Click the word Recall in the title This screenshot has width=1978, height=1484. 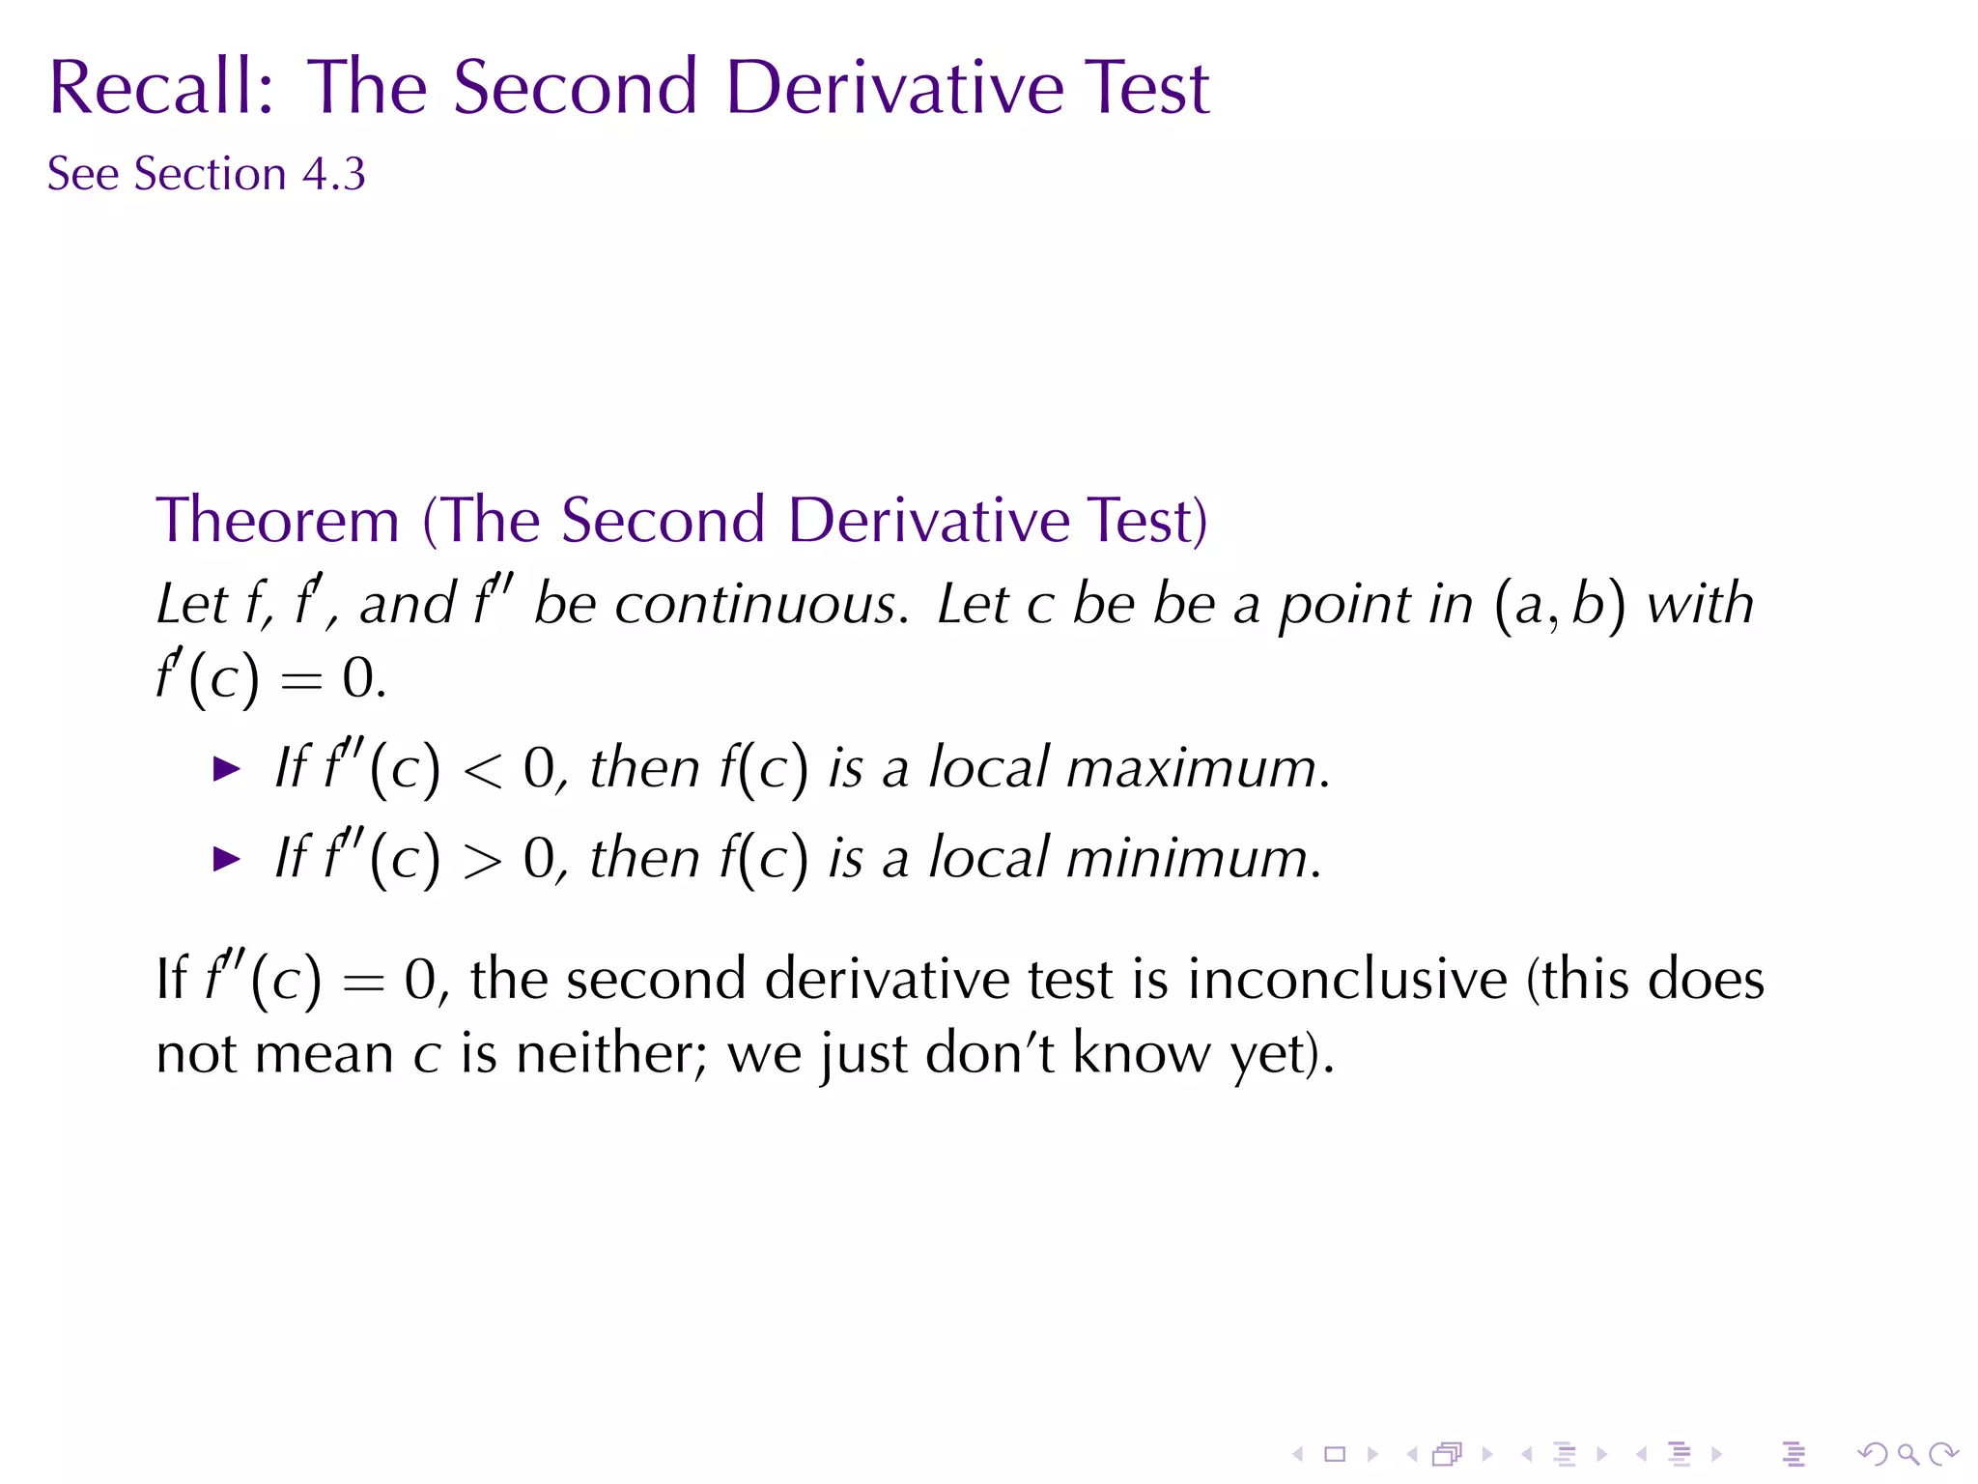pyautogui.click(x=160, y=88)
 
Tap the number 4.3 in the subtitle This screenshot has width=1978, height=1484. pyautogui.click(x=334, y=175)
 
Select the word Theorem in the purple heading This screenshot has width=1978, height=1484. pyautogui.click(x=278, y=521)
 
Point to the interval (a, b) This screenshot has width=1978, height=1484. pyautogui.click(x=1559, y=605)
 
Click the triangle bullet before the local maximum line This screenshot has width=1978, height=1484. pyautogui.click(x=226, y=770)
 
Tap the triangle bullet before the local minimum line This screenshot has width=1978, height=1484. pyautogui.click(x=226, y=859)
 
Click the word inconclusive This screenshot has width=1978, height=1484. pyautogui.click(x=1347, y=980)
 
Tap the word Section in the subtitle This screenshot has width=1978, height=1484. pyautogui.click(x=210, y=175)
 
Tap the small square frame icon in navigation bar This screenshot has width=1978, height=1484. pyautogui.click(x=1335, y=1454)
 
